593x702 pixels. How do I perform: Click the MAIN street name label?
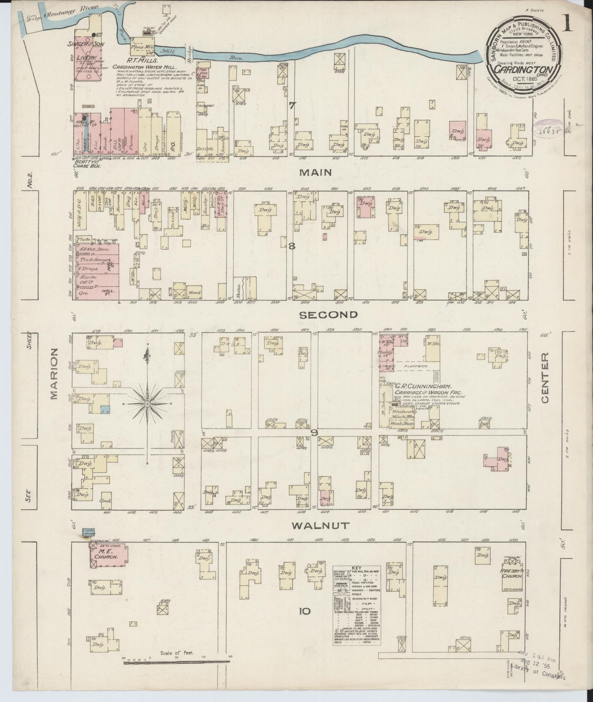(315, 172)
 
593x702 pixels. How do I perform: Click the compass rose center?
(147, 404)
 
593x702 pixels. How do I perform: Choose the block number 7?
(292, 106)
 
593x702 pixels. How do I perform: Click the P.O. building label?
(173, 139)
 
